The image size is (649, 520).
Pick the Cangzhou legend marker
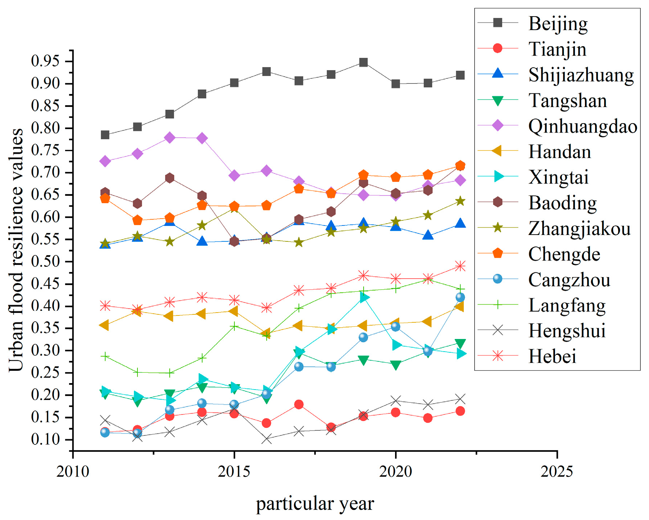(498, 279)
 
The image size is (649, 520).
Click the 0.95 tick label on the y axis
(45, 61)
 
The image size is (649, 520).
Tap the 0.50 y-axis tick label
(45, 262)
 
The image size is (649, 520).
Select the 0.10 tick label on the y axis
(45, 439)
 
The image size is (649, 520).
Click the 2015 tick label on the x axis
(234, 471)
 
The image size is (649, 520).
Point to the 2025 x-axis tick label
(557, 471)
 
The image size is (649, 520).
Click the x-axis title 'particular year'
(315, 504)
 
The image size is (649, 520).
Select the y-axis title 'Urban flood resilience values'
(16, 250)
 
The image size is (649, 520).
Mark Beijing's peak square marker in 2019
(364, 63)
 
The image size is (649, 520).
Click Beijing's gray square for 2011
(105, 135)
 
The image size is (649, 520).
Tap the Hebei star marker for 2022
(460, 266)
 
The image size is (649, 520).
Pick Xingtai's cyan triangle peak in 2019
(364, 297)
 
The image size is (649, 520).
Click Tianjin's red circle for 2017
(299, 404)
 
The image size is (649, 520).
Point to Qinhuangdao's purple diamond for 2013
(170, 138)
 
